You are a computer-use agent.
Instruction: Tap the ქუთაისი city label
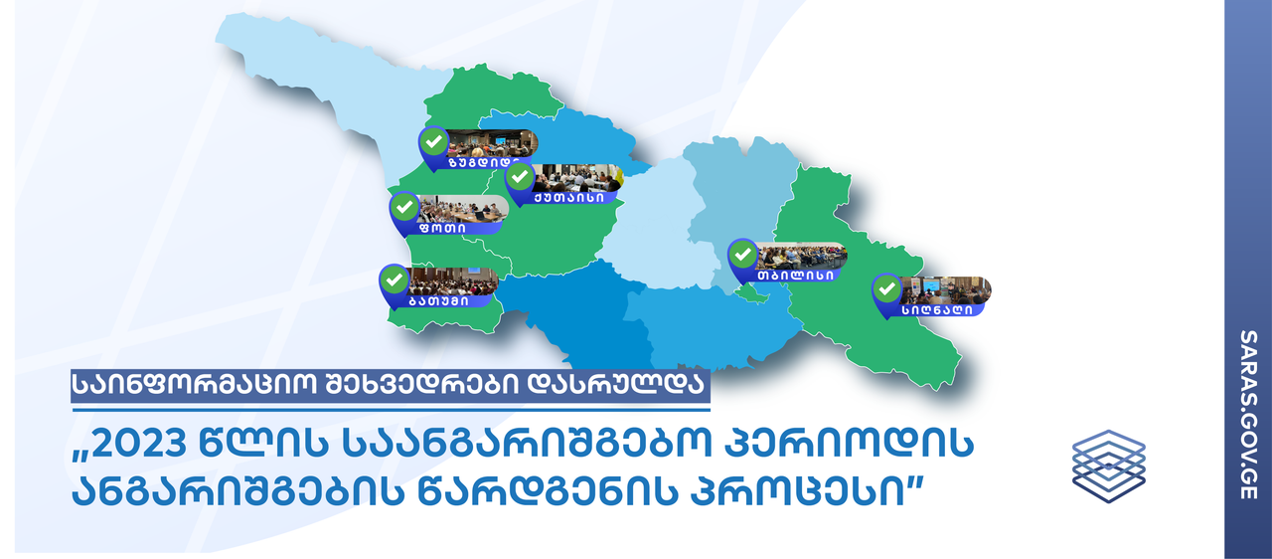click(x=568, y=198)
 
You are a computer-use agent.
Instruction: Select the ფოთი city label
click(x=443, y=229)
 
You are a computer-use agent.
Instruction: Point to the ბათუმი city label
click(x=439, y=301)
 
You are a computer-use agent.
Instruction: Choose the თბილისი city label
click(x=795, y=276)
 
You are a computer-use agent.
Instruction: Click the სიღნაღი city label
click(x=936, y=309)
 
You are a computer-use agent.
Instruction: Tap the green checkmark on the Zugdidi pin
click(x=434, y=141)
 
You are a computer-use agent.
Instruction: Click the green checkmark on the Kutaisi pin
click(x=520, y=177)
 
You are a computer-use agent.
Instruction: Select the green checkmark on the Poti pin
click(x=404, y=207)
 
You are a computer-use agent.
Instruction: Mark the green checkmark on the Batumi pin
click(x=395, y=279)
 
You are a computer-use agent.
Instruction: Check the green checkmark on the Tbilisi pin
click(x=742, y=255)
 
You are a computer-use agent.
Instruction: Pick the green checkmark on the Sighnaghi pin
click(x=886, y=289)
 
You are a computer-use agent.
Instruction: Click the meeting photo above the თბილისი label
click(x=801, y=256)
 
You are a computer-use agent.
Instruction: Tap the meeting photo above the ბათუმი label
click(x=452, y=281)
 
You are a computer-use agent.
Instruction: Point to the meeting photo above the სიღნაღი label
click(x=945, y=290)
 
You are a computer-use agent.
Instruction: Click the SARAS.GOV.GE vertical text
click(x=1249, y=415)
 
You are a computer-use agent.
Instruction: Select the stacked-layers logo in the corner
click(x=1108, y=466)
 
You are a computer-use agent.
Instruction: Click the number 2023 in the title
click(x=138, y=444)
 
